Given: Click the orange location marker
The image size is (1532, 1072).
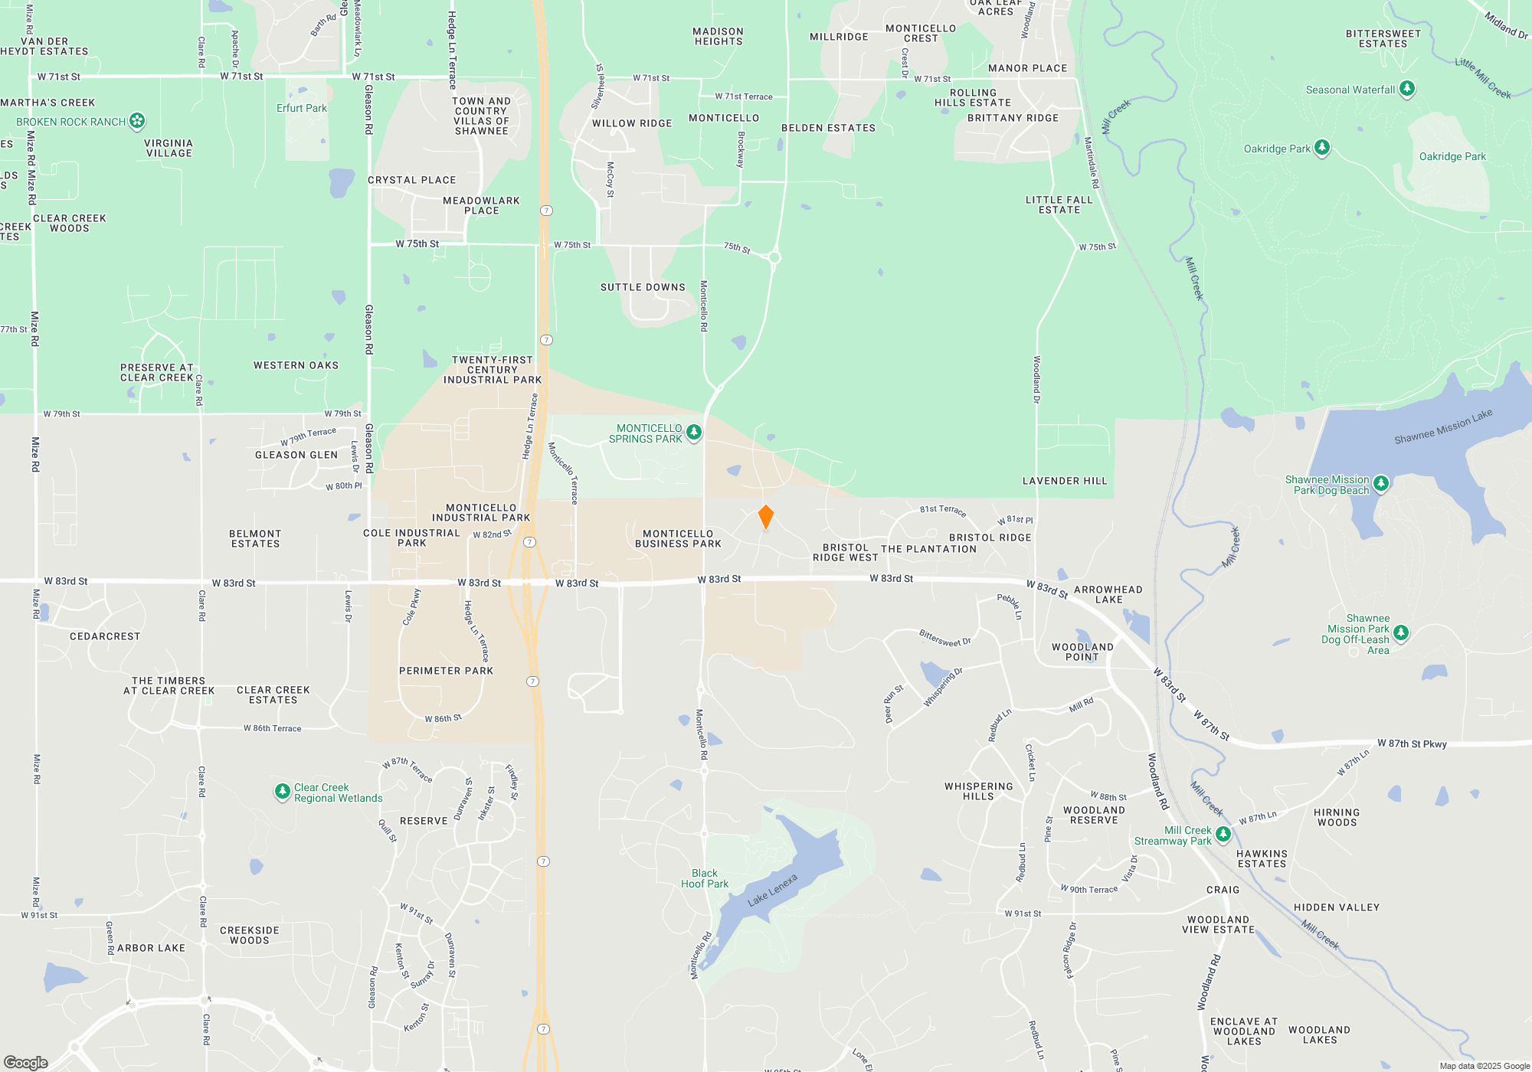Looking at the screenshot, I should [765, 517].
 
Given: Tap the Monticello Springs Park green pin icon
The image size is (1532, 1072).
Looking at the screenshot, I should [694, 432].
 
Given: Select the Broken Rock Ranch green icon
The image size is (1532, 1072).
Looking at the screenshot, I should [137, 120].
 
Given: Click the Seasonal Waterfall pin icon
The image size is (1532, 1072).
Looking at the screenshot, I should [1406, 88].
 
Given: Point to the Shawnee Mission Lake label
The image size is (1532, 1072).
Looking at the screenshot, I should [1442, 427].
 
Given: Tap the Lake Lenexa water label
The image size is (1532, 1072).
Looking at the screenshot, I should [772, 890].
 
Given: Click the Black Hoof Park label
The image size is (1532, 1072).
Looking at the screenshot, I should [705, 878].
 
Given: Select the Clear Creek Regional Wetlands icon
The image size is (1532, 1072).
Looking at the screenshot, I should [282, 791].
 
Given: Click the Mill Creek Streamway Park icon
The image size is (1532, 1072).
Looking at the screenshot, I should [1223, 834].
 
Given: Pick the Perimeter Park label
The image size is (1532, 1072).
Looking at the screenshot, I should [446, 671].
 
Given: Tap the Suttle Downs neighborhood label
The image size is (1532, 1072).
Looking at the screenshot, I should [643, 287].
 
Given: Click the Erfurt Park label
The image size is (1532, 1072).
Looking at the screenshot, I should [301, 108].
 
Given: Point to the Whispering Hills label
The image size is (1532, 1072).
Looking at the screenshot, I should [978, 791].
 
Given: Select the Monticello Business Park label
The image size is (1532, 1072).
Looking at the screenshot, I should [678, 539].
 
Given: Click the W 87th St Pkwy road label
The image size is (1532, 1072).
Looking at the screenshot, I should [1411, 744].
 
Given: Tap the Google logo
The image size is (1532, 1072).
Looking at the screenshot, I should [26, 1062].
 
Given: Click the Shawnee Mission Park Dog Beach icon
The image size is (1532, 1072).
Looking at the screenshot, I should [1380, 482].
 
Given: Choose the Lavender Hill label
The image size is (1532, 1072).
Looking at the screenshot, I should [1064, 481].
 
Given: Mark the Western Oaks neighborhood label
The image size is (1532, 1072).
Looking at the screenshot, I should [296, 365].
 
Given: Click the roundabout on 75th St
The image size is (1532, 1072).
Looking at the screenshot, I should [774, 257].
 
